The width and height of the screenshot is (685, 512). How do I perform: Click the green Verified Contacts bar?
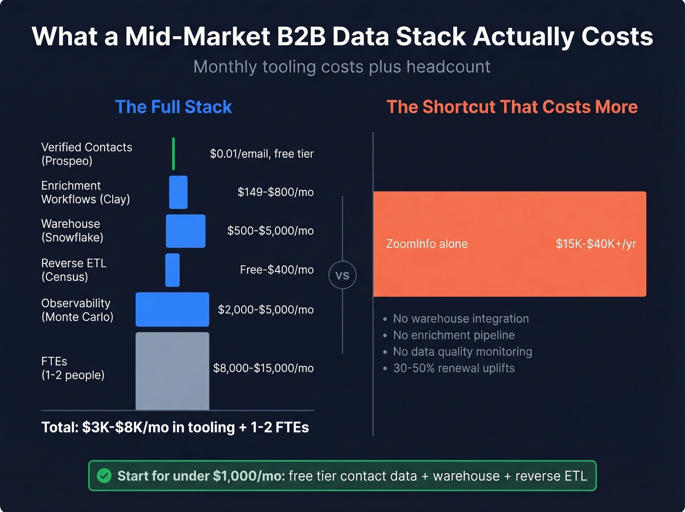173,154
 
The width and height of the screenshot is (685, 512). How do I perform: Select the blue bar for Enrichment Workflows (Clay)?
178,192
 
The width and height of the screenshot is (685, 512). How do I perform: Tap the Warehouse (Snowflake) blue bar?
185,231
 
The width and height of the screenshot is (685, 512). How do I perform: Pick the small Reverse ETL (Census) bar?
172,270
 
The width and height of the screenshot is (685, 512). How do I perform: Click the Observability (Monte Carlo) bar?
172,310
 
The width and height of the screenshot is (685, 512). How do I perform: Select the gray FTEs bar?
172,371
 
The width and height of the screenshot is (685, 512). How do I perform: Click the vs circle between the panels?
342,275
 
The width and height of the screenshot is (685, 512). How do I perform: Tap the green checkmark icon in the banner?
104,476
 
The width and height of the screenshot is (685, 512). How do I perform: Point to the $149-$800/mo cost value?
275,192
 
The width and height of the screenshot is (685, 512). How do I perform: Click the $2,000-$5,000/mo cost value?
266,310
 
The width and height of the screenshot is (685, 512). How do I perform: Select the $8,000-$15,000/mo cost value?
263,368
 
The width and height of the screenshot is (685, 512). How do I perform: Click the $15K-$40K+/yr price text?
595,244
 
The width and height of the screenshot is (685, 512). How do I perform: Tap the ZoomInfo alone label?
427,244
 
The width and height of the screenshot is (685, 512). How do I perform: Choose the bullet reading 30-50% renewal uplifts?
454,368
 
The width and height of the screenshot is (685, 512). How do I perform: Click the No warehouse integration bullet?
460,319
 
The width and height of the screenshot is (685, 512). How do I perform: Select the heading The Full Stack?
173,107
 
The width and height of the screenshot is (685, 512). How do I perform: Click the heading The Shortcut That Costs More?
512,107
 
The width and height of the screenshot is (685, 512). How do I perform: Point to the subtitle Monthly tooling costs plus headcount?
342,67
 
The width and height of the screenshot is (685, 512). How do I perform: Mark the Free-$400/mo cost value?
276,270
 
